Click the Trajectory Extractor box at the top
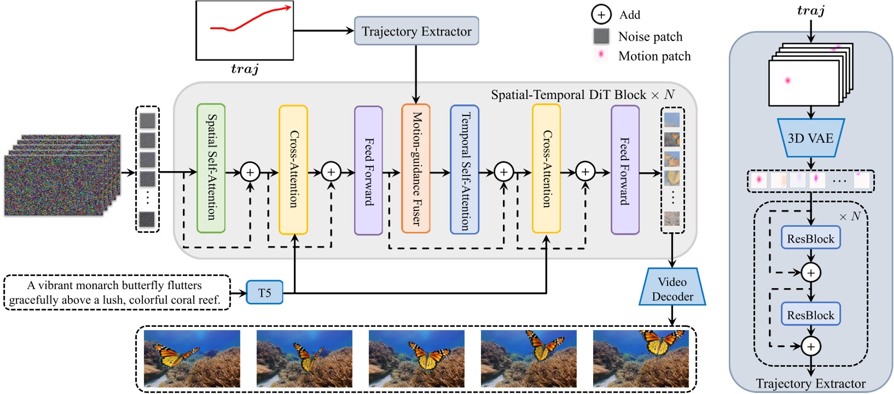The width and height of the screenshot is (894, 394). click(416, 31)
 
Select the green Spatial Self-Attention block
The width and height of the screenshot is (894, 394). click(211, 168)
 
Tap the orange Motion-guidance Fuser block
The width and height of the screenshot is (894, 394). click(416, 168)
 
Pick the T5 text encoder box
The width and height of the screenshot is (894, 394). click(264, 292)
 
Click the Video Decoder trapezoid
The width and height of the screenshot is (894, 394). click(672, 288)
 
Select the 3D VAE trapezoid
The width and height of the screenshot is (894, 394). click(810, 138)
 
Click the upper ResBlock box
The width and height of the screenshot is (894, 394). click(810, 238)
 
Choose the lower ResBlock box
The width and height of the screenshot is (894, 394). click(810, 315)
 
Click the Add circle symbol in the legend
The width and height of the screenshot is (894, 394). click(601, 15)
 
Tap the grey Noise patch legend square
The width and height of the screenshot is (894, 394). click(601, 36)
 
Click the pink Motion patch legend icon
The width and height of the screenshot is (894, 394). click(601, 55)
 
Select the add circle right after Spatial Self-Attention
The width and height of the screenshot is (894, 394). click(250, 173)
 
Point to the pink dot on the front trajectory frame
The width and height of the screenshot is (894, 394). click(788, 80)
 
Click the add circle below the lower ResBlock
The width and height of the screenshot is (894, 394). click(811, 346)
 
